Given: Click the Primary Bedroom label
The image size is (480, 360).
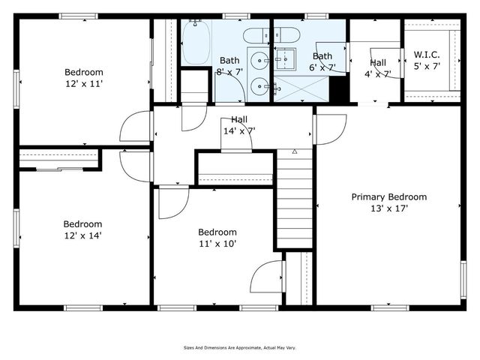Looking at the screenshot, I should tap(389, 197).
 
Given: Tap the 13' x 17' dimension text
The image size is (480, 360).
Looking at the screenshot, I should tap(389, 209).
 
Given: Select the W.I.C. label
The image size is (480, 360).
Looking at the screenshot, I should tap(427, 55).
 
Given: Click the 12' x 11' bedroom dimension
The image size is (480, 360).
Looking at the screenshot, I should tap(84, 85).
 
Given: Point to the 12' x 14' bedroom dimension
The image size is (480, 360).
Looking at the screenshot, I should tap(82, 235).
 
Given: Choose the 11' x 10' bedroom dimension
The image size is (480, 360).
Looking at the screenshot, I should tap(217, 244).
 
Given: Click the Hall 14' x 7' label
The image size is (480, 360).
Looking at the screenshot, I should tap(239, 124).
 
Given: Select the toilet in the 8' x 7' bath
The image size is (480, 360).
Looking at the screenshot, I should tap(254, 35).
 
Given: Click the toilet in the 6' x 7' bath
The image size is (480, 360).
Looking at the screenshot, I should tap(286, 34).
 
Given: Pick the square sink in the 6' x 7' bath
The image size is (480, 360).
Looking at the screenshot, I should tap(285, 57).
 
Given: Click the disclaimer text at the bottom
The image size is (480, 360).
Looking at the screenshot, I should tap(240, 348).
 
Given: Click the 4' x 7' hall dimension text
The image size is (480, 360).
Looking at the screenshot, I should tap(378, 73).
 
